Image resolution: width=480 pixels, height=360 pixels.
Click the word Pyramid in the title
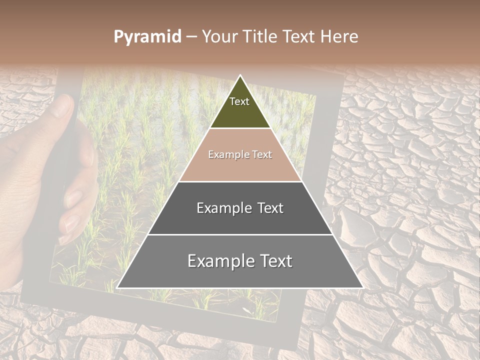pyautogui.click(x=147, y=37)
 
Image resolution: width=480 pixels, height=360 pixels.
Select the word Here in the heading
pyautogui.click(x=339, y=37)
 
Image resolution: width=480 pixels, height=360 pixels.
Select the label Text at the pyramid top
pyautogui.click(x=239, y=101)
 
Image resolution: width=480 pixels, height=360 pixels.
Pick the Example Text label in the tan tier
pyautogui.click(x=240, y=155)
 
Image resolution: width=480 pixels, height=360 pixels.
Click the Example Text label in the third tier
pyautogui.click(x=240, y=208)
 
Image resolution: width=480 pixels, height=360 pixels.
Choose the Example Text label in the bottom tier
pyautogui.click(x=240, y=261)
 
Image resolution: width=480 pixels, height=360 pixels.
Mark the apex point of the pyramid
pyautogui.click(x=240, y=75)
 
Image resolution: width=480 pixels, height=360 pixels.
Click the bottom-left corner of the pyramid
pyautogui.click(x=117, y=288)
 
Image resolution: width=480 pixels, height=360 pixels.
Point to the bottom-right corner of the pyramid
pyautogui.click(x=363, y=288)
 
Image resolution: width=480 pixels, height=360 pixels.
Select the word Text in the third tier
pyautogui.click(x=270, y=208)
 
